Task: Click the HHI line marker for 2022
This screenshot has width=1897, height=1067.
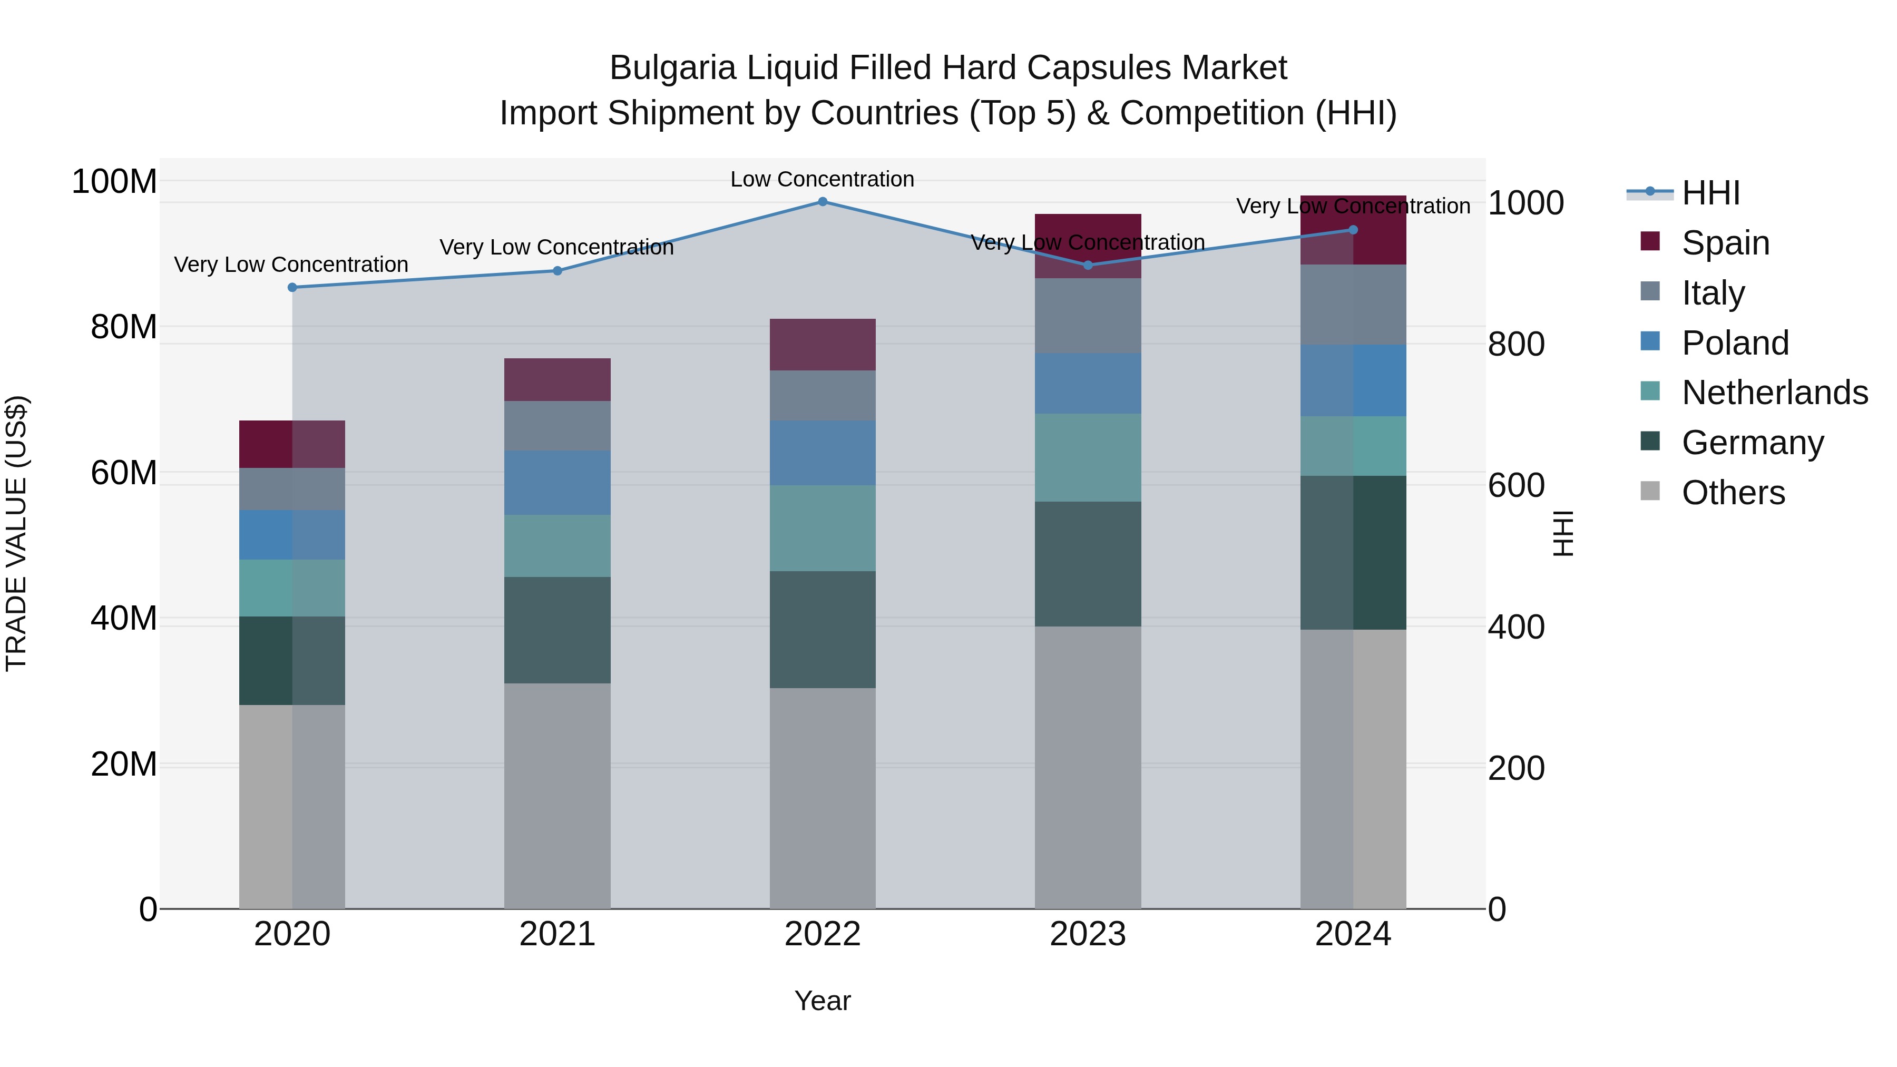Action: [x=823, y=202]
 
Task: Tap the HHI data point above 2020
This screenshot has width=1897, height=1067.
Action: [x=292, y=287]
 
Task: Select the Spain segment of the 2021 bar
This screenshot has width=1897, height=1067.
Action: [x=558, y=379]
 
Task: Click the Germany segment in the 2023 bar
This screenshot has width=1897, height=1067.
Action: [x=1088, y=564]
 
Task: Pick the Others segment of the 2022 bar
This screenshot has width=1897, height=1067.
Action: [x=823, y=798]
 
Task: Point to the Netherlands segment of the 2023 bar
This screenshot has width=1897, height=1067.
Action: [x=1088, y=457]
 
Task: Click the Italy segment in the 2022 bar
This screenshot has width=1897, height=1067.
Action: [x=823, y=395]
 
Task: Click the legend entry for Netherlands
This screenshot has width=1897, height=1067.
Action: [x=1774, y=393]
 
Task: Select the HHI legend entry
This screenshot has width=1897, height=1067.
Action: [x=1710, y=193]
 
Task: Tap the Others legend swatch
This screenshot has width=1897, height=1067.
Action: [x=1650, y=491]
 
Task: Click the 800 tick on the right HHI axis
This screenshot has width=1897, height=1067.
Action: [x=1515, y=344]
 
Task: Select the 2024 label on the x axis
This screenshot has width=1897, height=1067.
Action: [x=1353, y=934]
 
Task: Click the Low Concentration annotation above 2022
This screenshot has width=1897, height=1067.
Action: [x=822, y=179]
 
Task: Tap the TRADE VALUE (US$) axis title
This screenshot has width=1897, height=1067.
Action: [x=16, y=533]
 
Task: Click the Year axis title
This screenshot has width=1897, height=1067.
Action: [x=823, y=1001]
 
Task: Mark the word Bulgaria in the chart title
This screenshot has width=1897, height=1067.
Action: [x=672, y=68]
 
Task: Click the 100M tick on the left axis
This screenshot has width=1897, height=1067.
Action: [x=114, y=181]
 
